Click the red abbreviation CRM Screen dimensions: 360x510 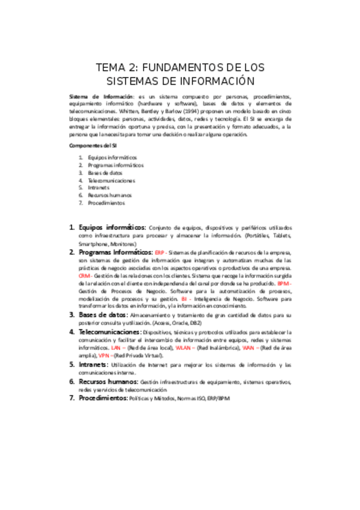[x=84, y=275]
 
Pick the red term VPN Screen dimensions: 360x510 [x=105, y=355]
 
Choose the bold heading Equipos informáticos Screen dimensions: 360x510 [x=112, y=228]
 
